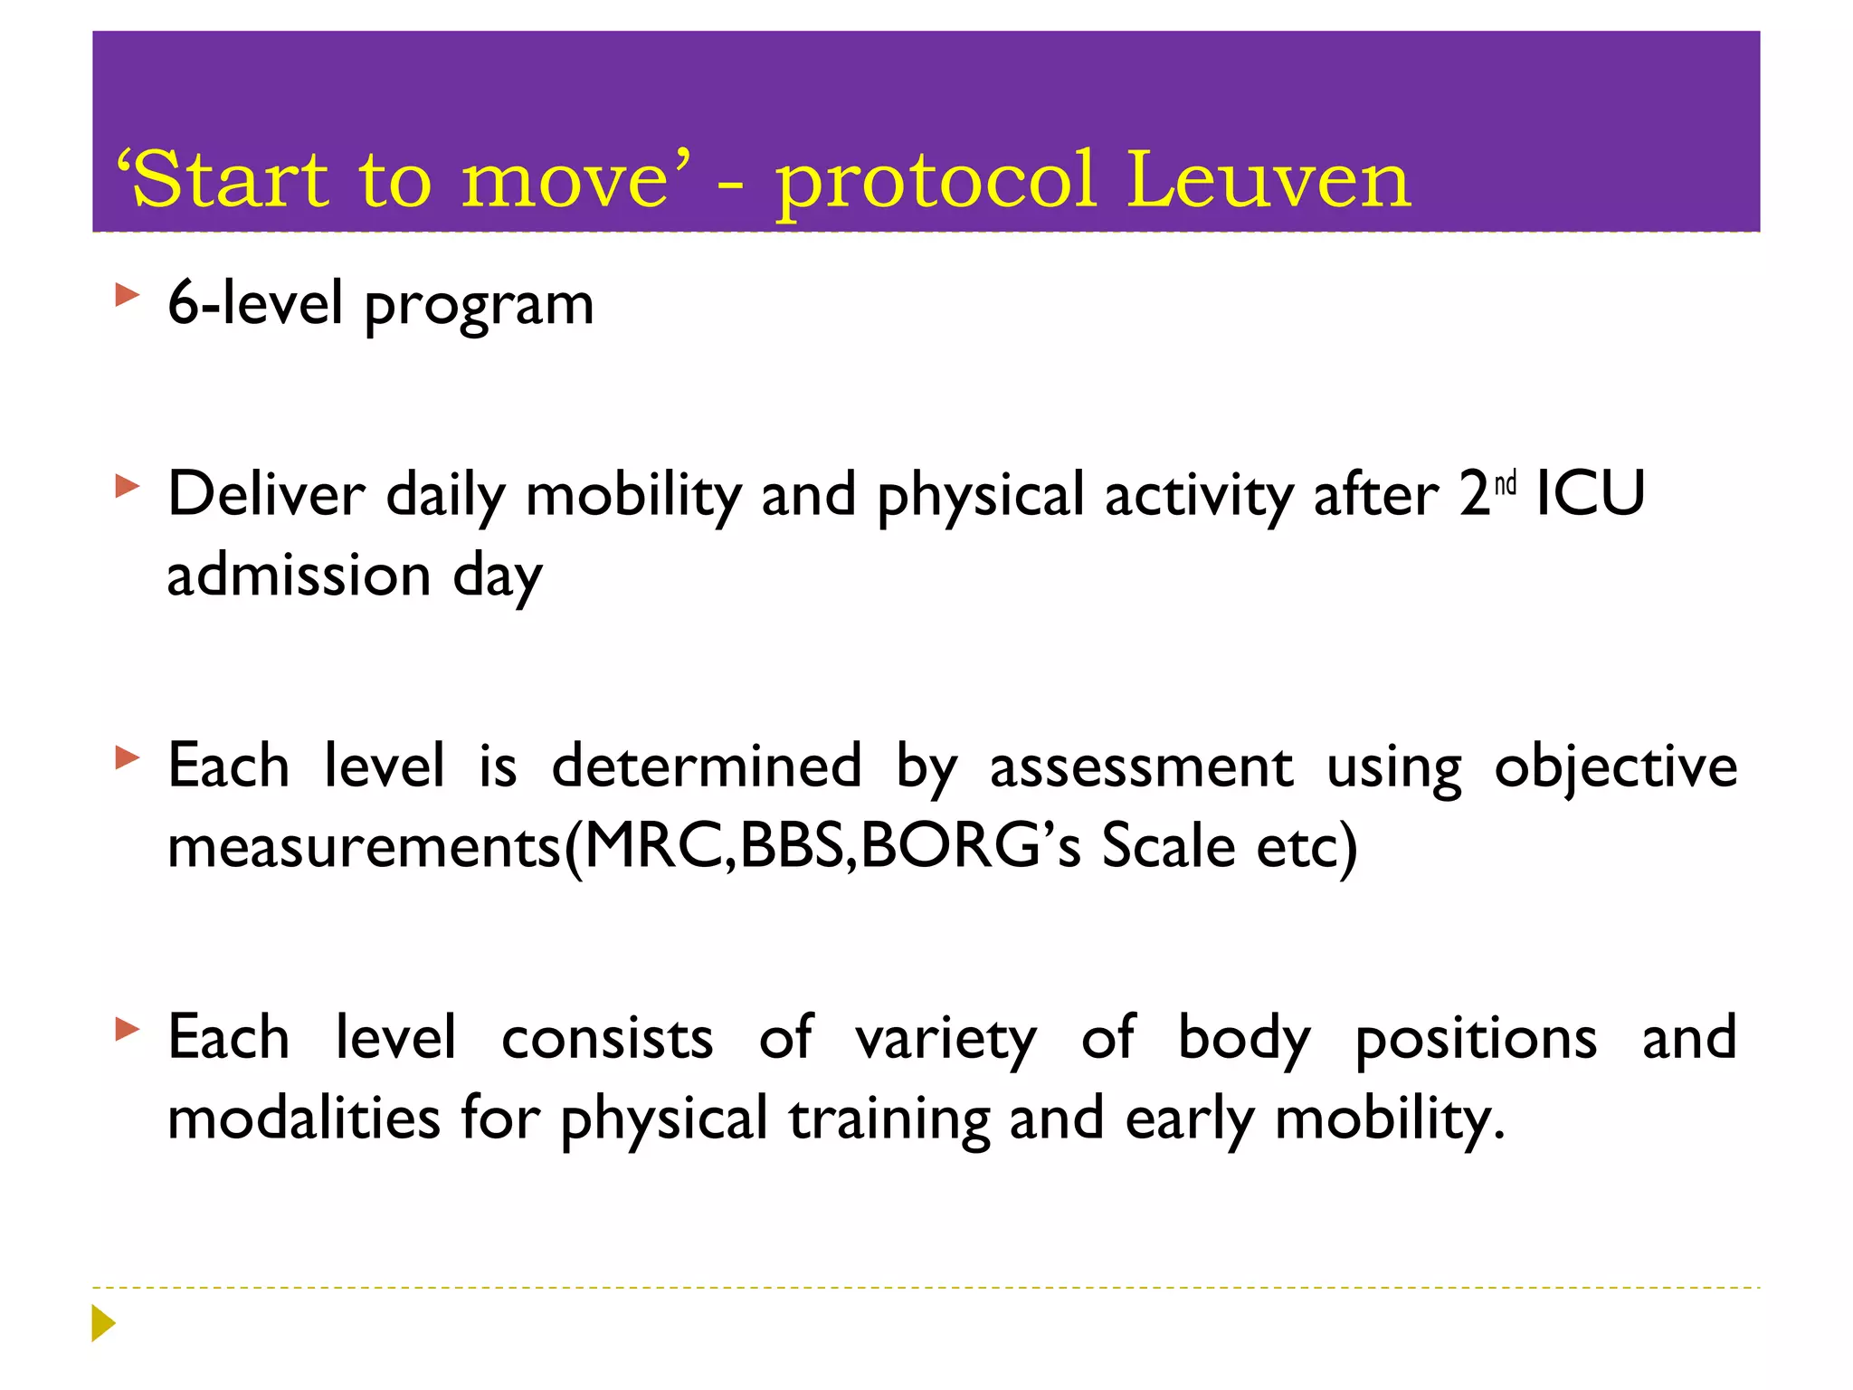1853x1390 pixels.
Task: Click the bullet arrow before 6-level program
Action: (128, 295)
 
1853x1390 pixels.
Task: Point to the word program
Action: (479, 306)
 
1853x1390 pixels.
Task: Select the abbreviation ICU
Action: (1591, 495)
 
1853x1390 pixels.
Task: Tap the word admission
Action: (299, 576)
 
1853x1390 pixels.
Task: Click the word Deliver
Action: (266, 495)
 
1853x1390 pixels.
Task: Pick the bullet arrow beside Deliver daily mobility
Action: (128, 487)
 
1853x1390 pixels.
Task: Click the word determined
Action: (707, 766)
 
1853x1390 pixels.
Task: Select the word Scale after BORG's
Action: (1168, 846)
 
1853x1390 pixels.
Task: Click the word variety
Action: (946, 1040)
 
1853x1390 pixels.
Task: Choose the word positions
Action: (1476, 1040)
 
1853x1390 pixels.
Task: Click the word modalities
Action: (304, 1118)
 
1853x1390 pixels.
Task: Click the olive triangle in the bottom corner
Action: (103, 1323)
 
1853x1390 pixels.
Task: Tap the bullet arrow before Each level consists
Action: (128, 1029)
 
